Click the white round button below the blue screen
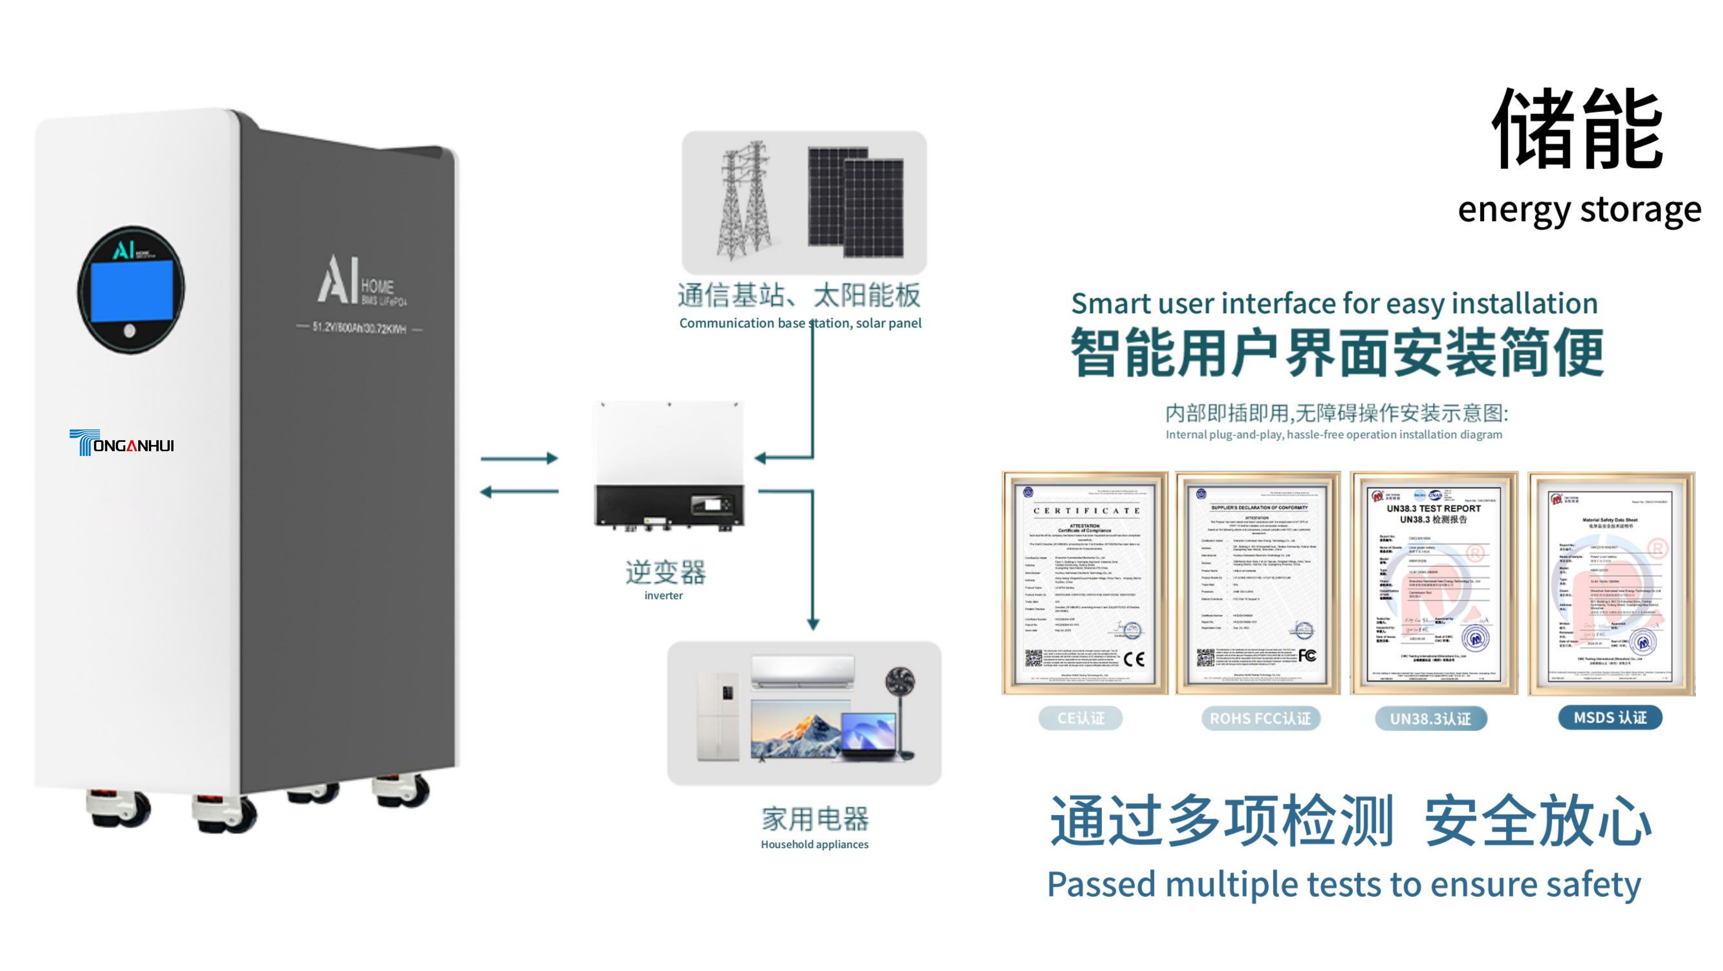(130, 330)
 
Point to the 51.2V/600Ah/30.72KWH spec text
(359, 328)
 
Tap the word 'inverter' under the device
(663, 595)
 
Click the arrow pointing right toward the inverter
(520, 458)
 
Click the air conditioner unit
(802, 671)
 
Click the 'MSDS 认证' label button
(1610, 717)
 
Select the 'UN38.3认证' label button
(1431, 719)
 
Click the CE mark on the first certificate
(1134, 659)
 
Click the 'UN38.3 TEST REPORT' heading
(1434, 508)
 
